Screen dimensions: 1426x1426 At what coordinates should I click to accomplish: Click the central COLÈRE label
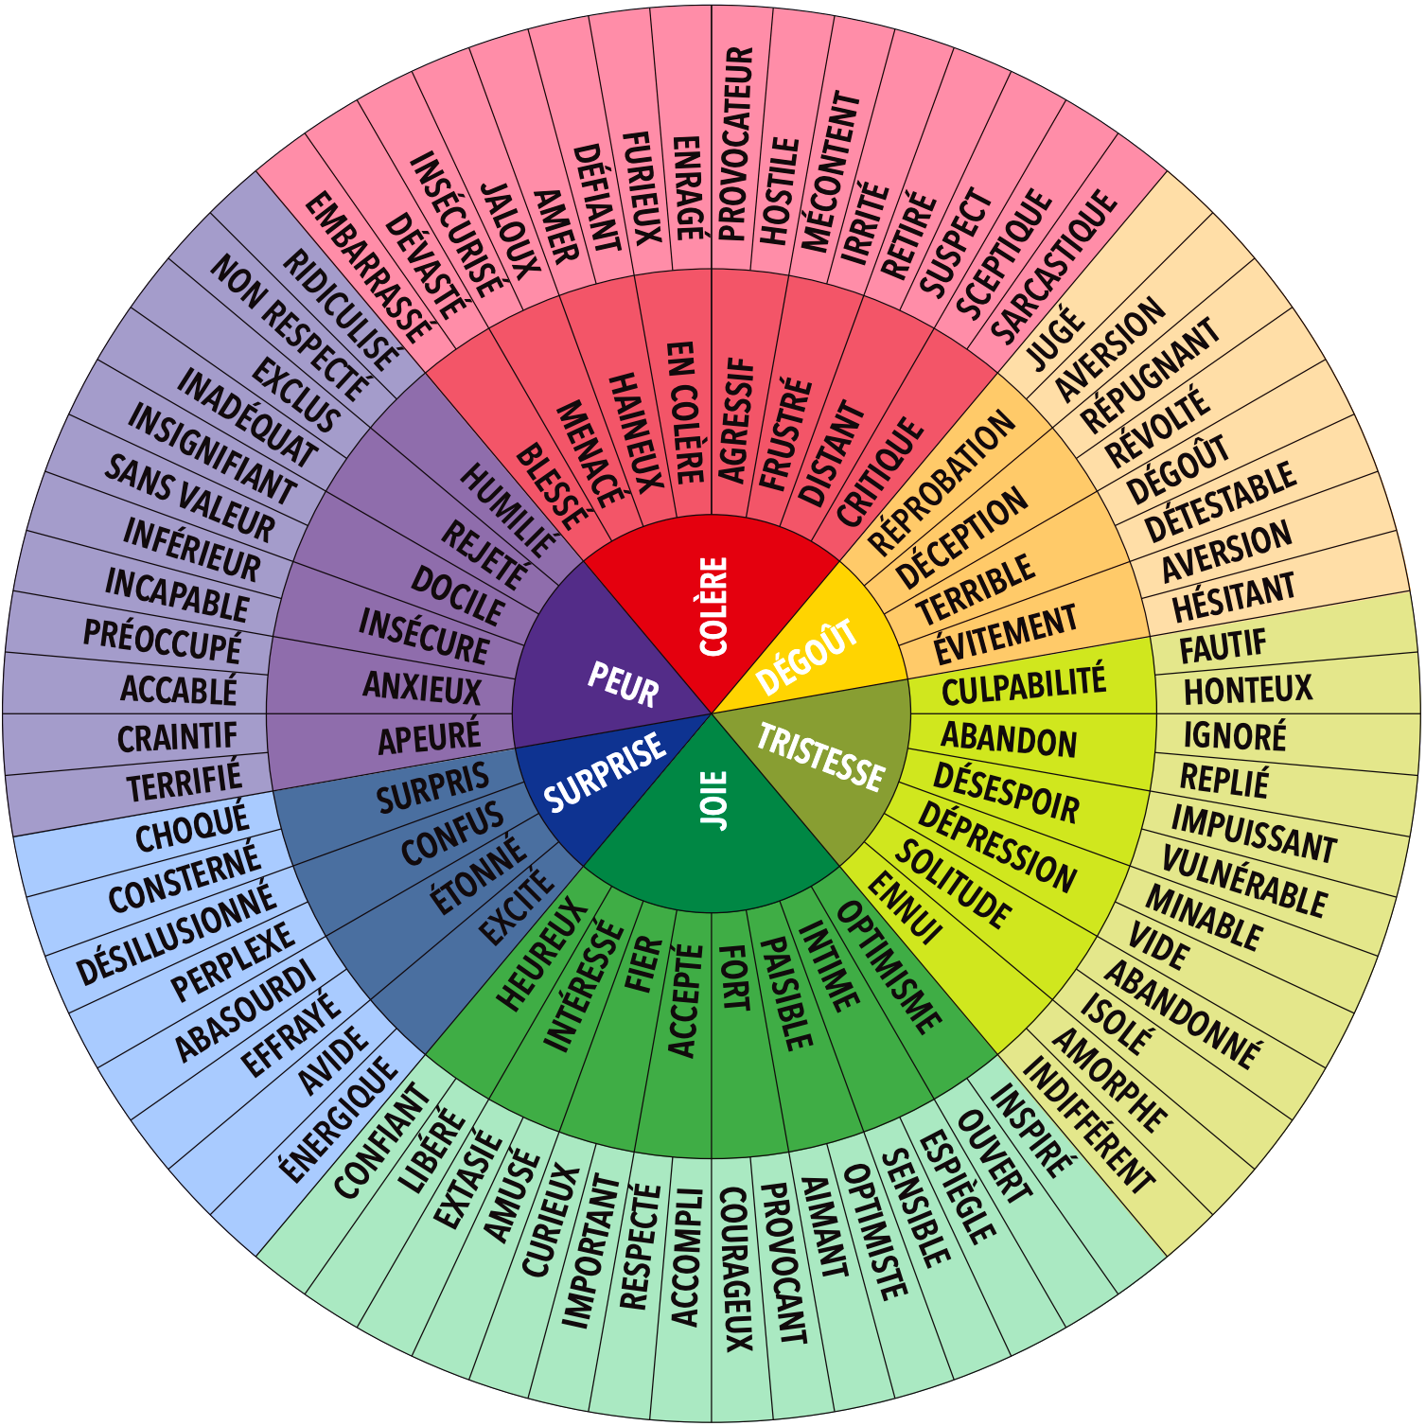point(713,607)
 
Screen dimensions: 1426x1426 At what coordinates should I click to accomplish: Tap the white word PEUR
point(623,684)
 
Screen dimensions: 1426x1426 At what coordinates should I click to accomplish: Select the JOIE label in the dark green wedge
point(714,801)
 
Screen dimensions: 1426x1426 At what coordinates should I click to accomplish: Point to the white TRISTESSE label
point(820,757)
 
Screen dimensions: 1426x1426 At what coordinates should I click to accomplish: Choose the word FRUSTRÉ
point(784,434)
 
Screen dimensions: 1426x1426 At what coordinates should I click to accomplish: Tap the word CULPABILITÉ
point(1024,684)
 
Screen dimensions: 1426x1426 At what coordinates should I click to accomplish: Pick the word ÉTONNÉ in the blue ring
point(479,875)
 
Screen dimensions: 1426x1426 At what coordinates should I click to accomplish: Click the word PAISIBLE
point(786,994)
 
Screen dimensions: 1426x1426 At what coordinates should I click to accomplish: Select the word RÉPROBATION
point(941,484)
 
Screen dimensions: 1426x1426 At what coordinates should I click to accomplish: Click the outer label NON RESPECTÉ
point(290,327)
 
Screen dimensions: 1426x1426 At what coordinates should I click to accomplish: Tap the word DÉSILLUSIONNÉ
point(176,934)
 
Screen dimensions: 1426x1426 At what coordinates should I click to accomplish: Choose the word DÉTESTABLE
point(1220,502)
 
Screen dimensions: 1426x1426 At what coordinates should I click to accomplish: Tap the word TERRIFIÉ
point(185,781)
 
